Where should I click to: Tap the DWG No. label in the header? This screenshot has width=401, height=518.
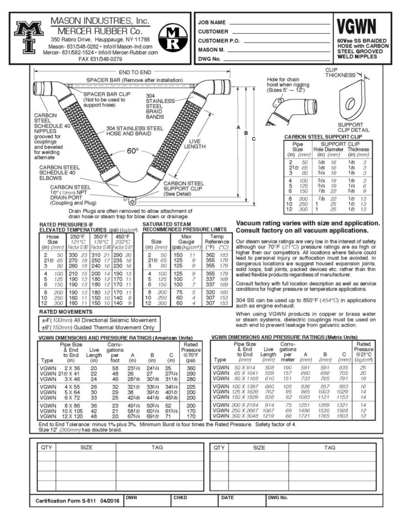(x=210, y=58)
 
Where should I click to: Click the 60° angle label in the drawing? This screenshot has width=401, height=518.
(x=133, y=151)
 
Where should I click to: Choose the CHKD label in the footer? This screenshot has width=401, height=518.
(x=180, y=496)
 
